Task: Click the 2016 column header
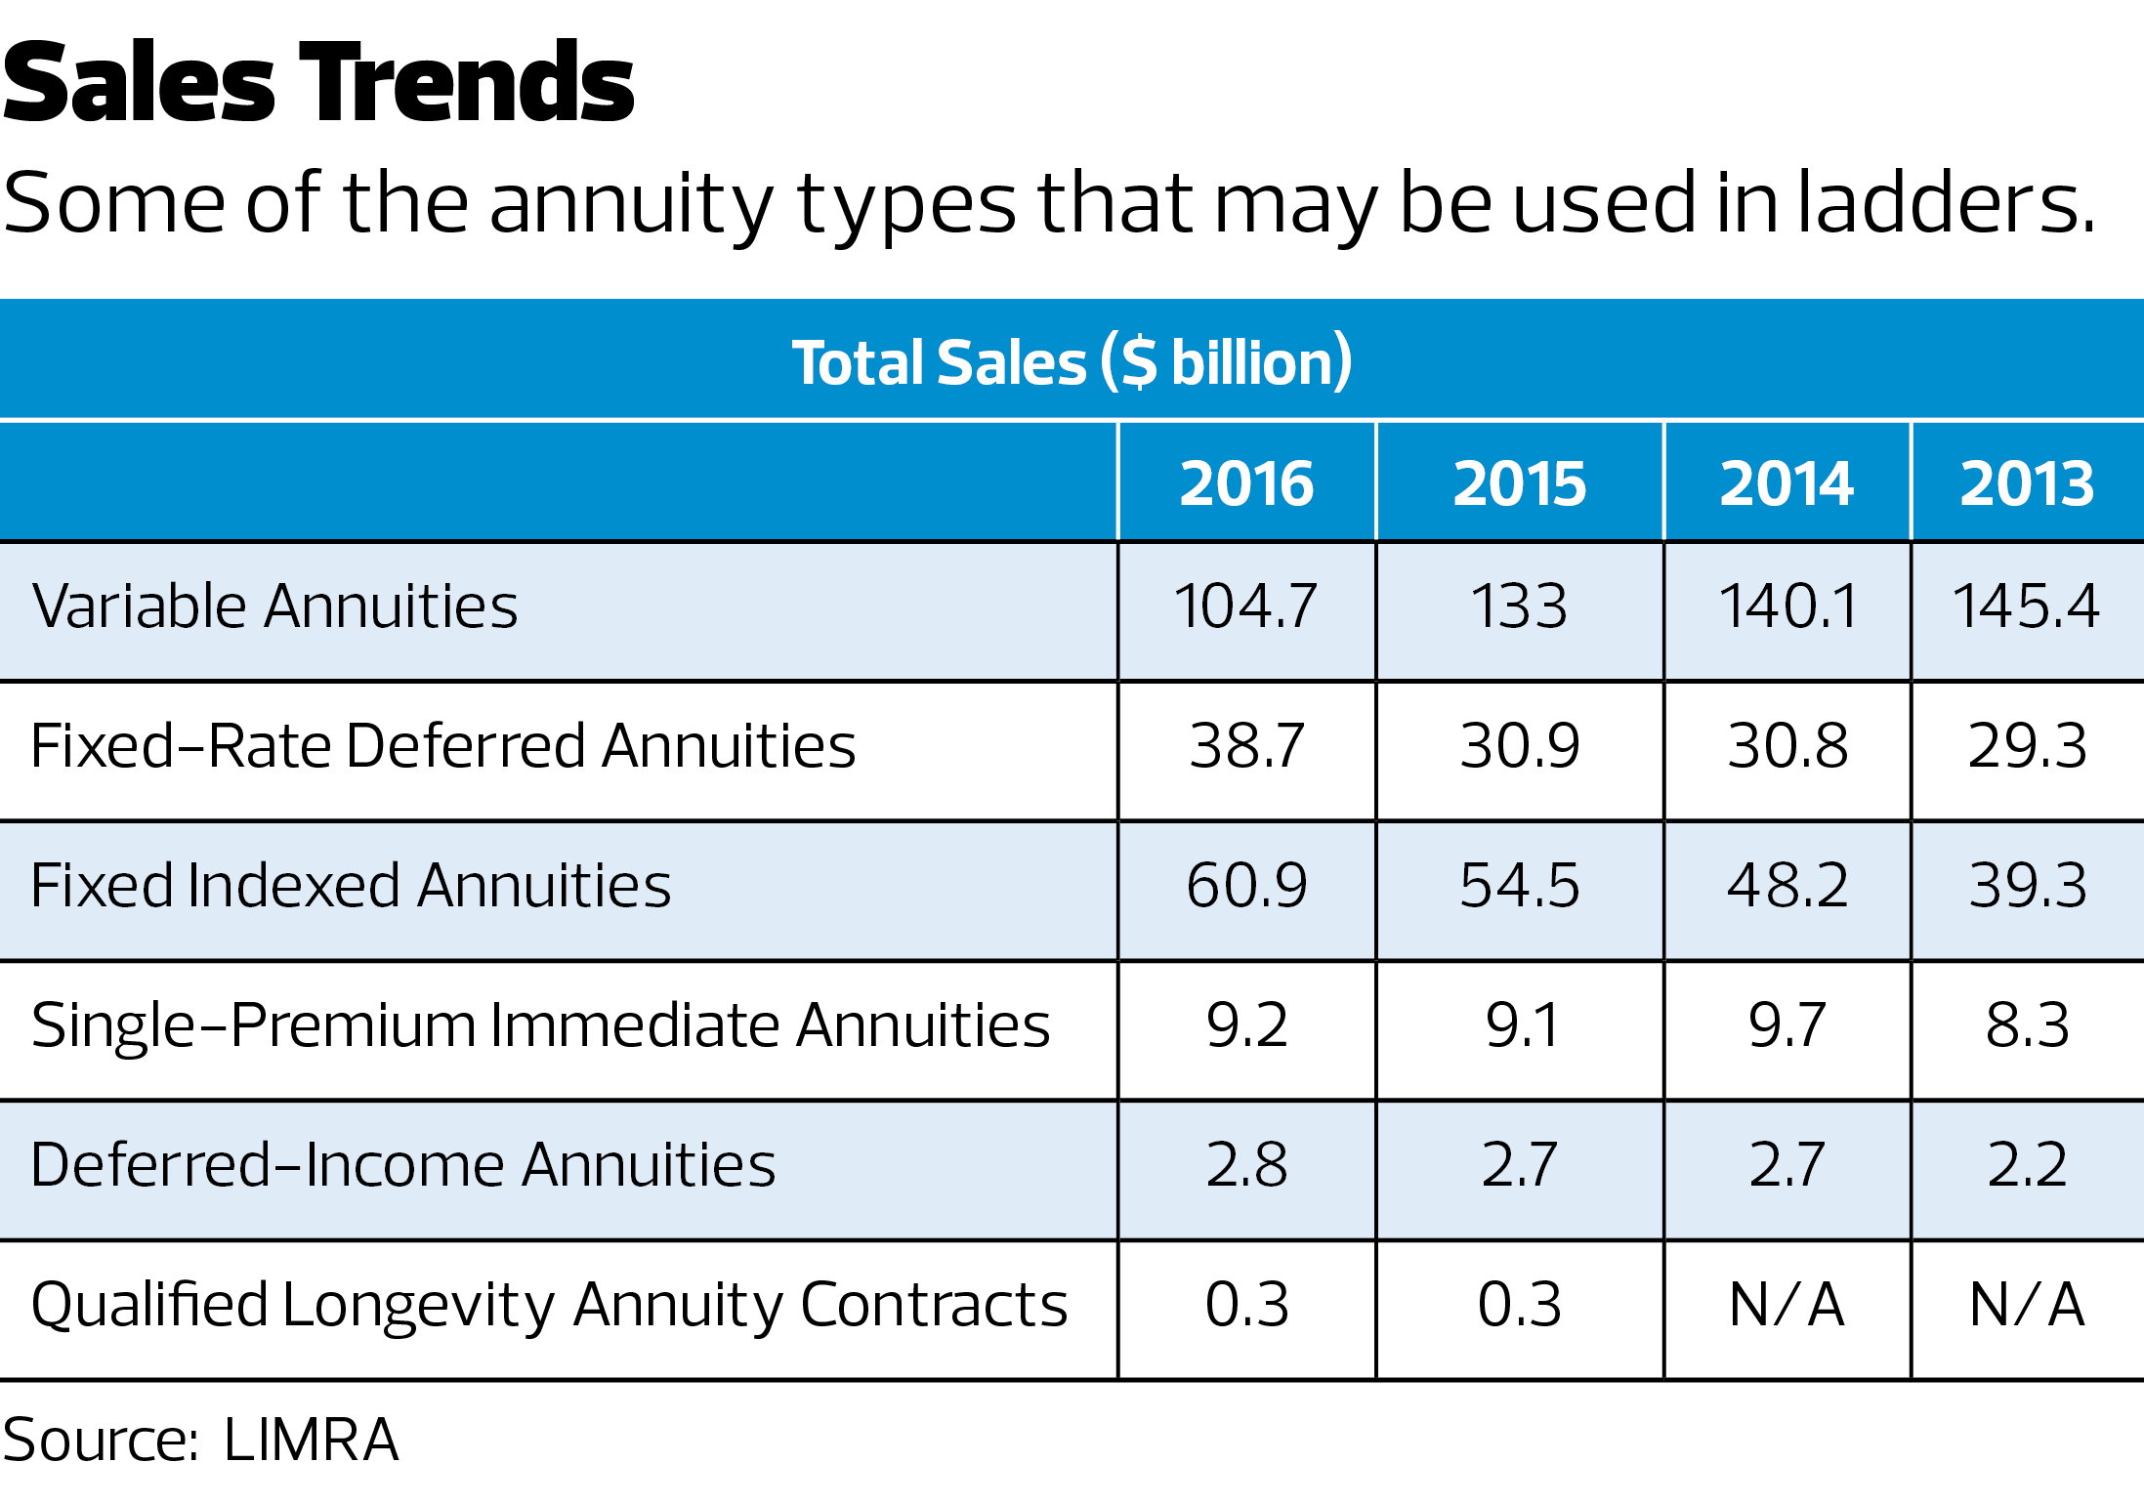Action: pyautogui.click(x=1246, y=483)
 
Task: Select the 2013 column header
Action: pyautogui.click(x=2027, y=483)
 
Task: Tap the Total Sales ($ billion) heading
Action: pyautogui.click(x=1072, y=362)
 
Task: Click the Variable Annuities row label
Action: pyautogui.click(x=274, y=606)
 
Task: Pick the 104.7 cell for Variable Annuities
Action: pyautogui.click(x=1246, y=606)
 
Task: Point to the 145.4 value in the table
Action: pyautogui.click(x=2026, y=606)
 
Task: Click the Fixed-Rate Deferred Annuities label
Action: pyautogui.click(x=442, y=746)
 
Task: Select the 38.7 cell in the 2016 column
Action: pyautogui.click(x=1246, y=746)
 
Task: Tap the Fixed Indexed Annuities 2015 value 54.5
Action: pyautogui.click(x=1519, y=886)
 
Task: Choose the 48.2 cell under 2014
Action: pyautogui.click(x=1787, y=886)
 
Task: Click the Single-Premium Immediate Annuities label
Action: pyautogui.click(x=540, y=1025)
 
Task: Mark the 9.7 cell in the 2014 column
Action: pyautogui.click(x=1787, y=1025)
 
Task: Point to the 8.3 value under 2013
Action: pyautogui.click(x=2027, y=1025)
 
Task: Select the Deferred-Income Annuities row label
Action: pyautogui.click(x=402, y=1165)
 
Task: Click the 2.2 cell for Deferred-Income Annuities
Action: pyautogui.click(x=2027, y=1165)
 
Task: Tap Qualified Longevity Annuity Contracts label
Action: pyautogui.click(x=549, y=1306)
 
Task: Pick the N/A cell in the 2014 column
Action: pyautogui.click(x=1787, y=1305)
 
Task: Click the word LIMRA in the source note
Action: pyautogui.click(x=311, y=1440)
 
